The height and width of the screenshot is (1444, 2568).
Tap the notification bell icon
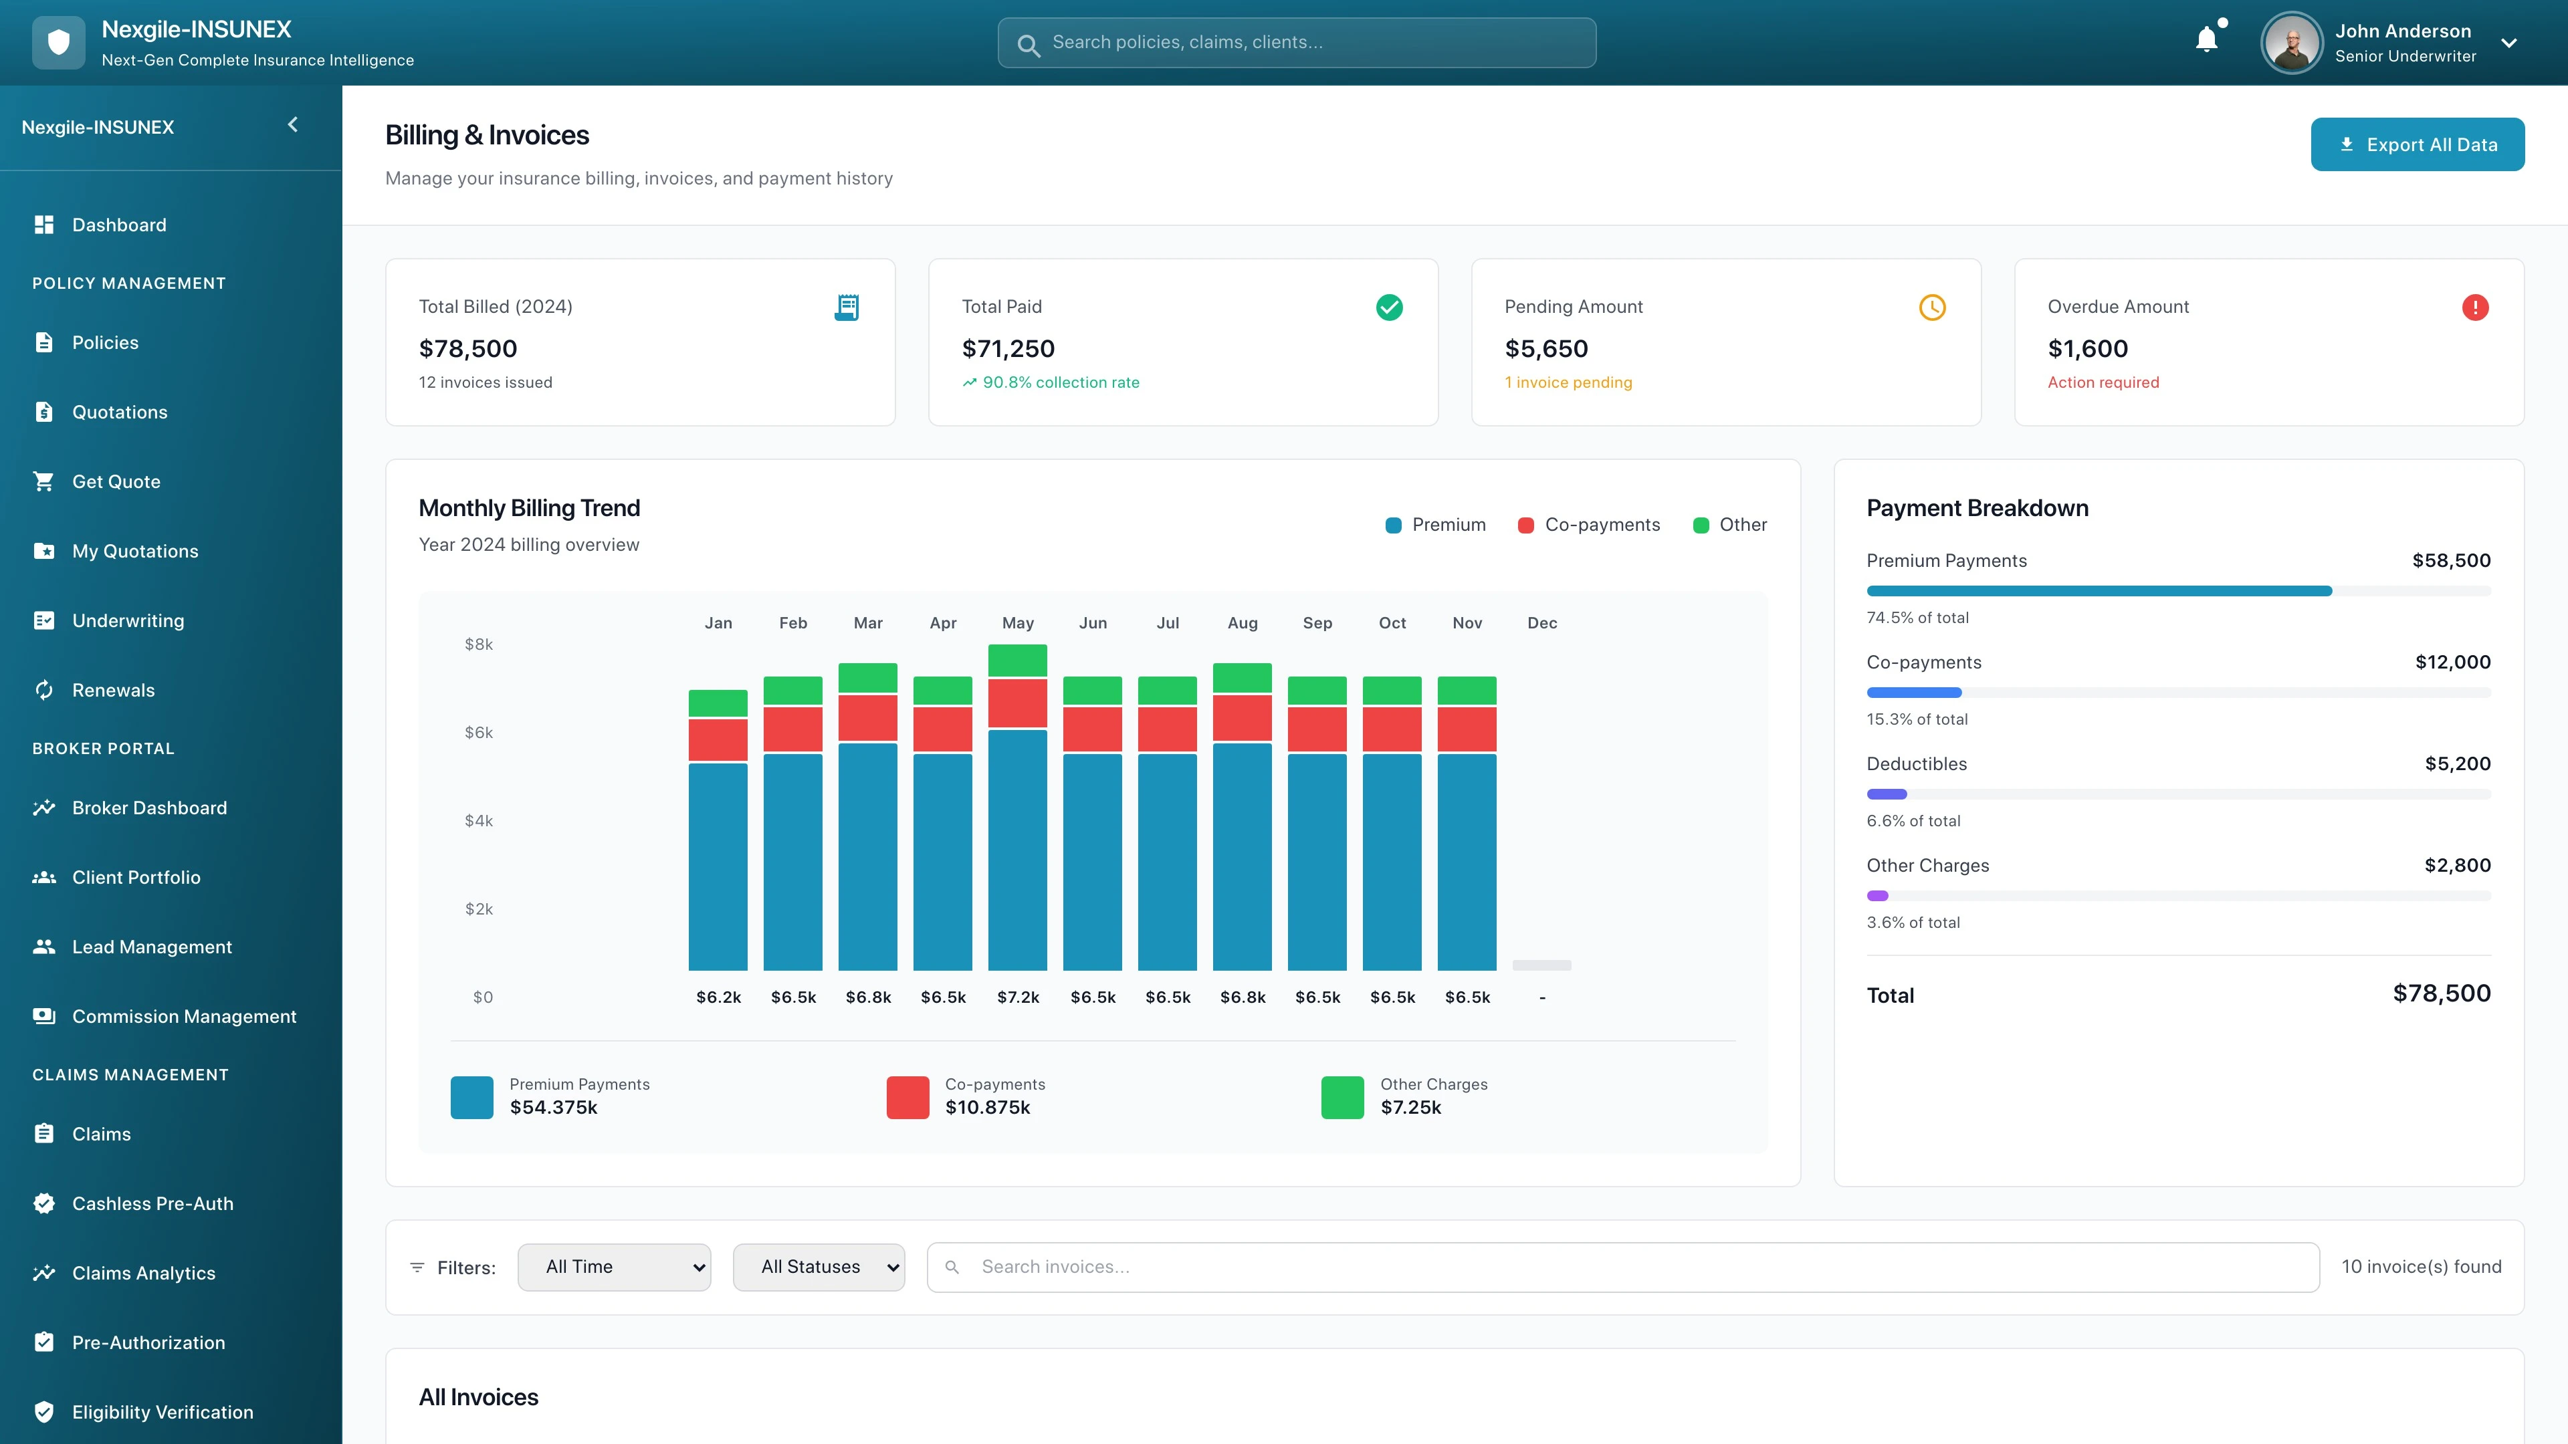(2206, 40)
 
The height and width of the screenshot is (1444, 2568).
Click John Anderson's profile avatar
(2292, 43)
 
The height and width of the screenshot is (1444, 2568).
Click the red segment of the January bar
(718, 739)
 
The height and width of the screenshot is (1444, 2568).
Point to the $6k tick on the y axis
(479, 733)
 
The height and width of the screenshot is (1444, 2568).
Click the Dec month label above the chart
(1541, 623)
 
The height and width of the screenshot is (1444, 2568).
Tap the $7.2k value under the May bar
(1018, 997)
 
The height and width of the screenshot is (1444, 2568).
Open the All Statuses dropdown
(819, 1267)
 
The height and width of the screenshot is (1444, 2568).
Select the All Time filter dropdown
(614, 1267)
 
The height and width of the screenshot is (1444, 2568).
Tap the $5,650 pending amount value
(1546, 349)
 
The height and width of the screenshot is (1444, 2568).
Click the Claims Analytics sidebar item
(144, 1273)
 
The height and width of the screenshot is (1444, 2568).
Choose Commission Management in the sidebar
(183, 1016)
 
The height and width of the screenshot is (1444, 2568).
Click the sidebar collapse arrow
(293, 124)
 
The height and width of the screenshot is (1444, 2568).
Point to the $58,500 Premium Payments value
(2450, 560)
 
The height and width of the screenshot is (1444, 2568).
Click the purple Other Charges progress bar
(1877, 896)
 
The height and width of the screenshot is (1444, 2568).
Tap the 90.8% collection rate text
(1060, 382)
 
